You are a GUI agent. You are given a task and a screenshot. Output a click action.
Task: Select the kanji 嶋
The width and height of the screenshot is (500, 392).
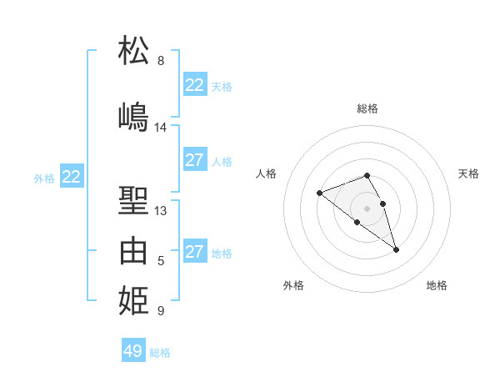(x=133, y=116)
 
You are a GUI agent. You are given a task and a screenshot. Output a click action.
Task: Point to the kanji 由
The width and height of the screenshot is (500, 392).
(x=133, y=250)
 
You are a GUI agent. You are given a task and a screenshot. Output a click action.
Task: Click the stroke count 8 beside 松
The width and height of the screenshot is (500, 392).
(x=161, y=61)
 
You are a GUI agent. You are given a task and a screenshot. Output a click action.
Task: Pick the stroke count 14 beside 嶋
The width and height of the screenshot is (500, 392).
(x=161, y=128)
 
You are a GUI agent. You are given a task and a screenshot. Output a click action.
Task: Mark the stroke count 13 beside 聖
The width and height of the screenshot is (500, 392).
(x=161, y=211)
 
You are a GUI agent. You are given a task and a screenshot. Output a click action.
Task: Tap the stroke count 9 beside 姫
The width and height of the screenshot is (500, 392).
(x=161, y=311)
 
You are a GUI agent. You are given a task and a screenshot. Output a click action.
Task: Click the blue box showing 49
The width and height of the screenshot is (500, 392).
(x=133, y=350)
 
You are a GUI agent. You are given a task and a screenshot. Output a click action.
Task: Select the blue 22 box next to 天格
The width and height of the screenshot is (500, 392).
(x=194, y=85)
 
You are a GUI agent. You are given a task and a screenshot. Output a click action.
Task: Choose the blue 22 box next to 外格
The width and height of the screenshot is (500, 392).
(x=72, y=176)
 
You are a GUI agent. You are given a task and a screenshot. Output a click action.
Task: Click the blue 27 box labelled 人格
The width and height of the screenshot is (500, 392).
(x=194, y=160)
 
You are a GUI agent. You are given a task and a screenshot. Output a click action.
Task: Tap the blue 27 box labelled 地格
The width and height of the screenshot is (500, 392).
(x=194, y=252)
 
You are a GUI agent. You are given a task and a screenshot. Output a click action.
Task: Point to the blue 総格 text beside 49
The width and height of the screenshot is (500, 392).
(x=160, y=352)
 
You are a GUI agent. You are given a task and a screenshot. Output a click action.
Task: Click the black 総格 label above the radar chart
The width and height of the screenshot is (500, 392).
(x=367, y=108)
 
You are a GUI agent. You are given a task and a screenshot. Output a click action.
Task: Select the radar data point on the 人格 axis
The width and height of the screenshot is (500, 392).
(x=319, y=193)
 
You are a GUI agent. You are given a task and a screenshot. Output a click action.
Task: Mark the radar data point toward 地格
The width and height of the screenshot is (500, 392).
(x=396, y=249)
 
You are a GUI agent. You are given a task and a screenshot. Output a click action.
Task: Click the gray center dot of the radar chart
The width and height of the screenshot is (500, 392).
(x=367, y=208)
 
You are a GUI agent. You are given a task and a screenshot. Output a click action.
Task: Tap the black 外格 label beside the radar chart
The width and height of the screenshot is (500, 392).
(x=293, y=285)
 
